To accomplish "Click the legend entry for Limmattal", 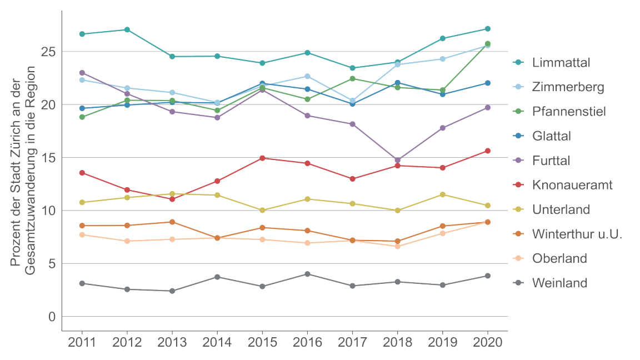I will [561, 62].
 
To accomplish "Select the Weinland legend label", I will [559, 283].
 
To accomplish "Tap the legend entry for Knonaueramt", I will [572, 185].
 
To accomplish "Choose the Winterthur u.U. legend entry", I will [577, 234].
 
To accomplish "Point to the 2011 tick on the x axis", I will [82, 342].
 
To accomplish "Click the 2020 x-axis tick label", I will [488, 342].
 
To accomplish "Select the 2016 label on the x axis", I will [307, 342].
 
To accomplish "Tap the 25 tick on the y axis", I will [49, 52].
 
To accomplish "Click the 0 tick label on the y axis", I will [52, 317].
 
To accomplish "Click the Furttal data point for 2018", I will [398, 160].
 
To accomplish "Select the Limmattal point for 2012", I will [127, 29].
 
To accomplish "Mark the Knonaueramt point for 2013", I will [172, 199].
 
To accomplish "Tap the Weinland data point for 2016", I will [307, 274].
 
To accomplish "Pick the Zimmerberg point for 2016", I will [307, 76].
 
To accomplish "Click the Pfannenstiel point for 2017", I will [353, 78].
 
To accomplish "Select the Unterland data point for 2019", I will [443, 194].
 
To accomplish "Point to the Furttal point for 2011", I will [82, 73].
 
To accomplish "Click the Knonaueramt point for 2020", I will [488, 151].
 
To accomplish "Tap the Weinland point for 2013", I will [172, 291].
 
